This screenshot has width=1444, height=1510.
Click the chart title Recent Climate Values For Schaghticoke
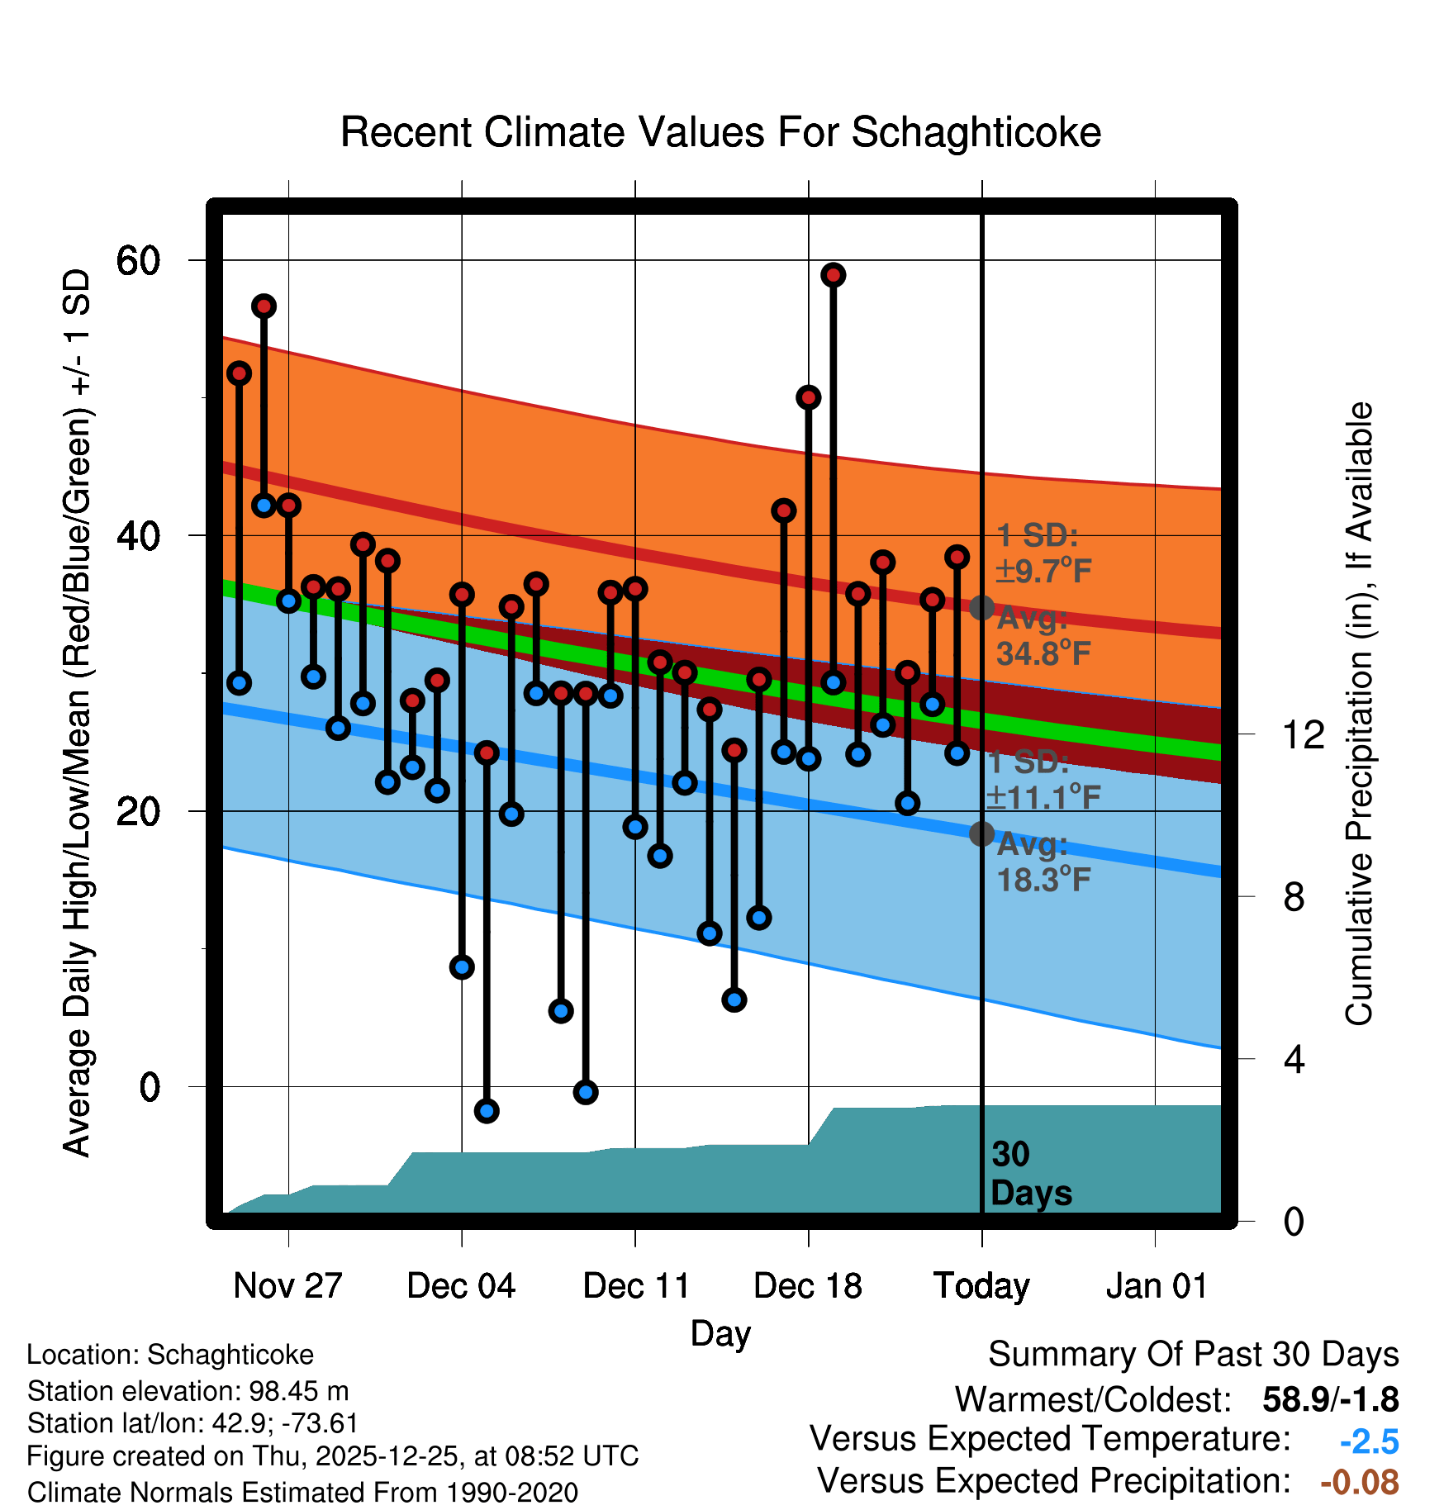click(x=720, y=133)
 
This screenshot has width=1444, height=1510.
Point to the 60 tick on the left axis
click(x=138, y=261)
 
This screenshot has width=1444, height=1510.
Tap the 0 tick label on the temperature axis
click(x=149, y=1087)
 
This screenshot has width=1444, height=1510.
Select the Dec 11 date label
click(x=636, y=1286)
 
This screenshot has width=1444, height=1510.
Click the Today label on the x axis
click(x=981, y=1286)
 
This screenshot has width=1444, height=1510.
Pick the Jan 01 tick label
click(x=1157, y=1286)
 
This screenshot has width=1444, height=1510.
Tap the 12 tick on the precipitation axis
click(x=1304, y=734)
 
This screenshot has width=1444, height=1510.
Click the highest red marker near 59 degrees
click(x=833, y=275)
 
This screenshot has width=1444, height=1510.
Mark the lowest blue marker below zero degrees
click(x=487, y=1111)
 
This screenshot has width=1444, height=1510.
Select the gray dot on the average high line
click(x=981, y=608)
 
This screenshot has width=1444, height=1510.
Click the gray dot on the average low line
click(x=981, y=833)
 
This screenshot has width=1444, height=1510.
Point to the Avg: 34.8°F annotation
click(x=1043, y=637)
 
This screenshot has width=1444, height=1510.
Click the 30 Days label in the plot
click(x=1030, y=1174)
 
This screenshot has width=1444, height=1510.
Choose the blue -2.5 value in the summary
click(x=1369, y=1441)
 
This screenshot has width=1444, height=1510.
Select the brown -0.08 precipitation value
click(x=1359, y=1482)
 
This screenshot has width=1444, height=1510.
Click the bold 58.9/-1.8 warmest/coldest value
click(x=1330, y=1400)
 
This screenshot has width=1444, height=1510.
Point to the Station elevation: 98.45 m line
click(x=188, y=1391)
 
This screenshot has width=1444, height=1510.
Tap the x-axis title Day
click(x=720, y=1333)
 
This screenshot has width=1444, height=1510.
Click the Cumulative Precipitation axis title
click(x=1359, y=715)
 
